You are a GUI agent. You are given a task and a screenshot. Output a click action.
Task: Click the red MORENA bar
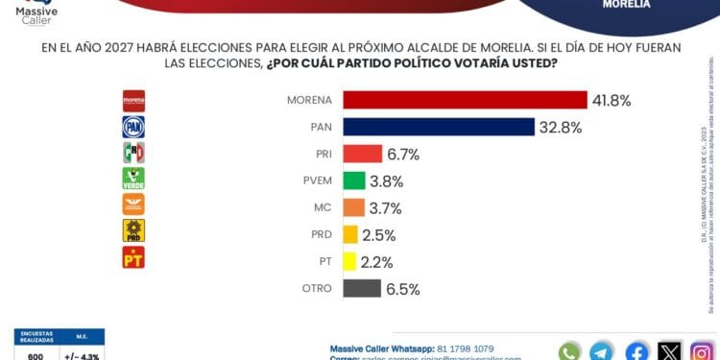point(465,100)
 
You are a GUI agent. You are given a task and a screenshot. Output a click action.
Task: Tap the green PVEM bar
point(354,180)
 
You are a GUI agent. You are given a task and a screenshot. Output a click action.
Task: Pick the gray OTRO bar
point(362,288)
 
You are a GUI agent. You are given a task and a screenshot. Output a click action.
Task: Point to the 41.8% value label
point(612,100)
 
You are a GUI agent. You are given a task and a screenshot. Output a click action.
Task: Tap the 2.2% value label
point(376,261)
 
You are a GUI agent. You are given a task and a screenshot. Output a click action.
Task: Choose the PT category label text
point(324,261)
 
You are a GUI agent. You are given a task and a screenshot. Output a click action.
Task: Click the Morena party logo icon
point(133,100)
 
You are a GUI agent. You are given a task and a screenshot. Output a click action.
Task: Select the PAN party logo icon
point(133,127)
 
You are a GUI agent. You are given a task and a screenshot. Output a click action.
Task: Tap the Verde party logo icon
point(133,179)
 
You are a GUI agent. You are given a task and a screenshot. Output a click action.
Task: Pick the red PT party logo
point(133,257)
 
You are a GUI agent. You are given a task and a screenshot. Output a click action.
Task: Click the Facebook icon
point(636,351)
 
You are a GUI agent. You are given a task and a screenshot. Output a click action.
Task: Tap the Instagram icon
point(703,351)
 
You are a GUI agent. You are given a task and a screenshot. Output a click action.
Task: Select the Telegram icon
point(602,351)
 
